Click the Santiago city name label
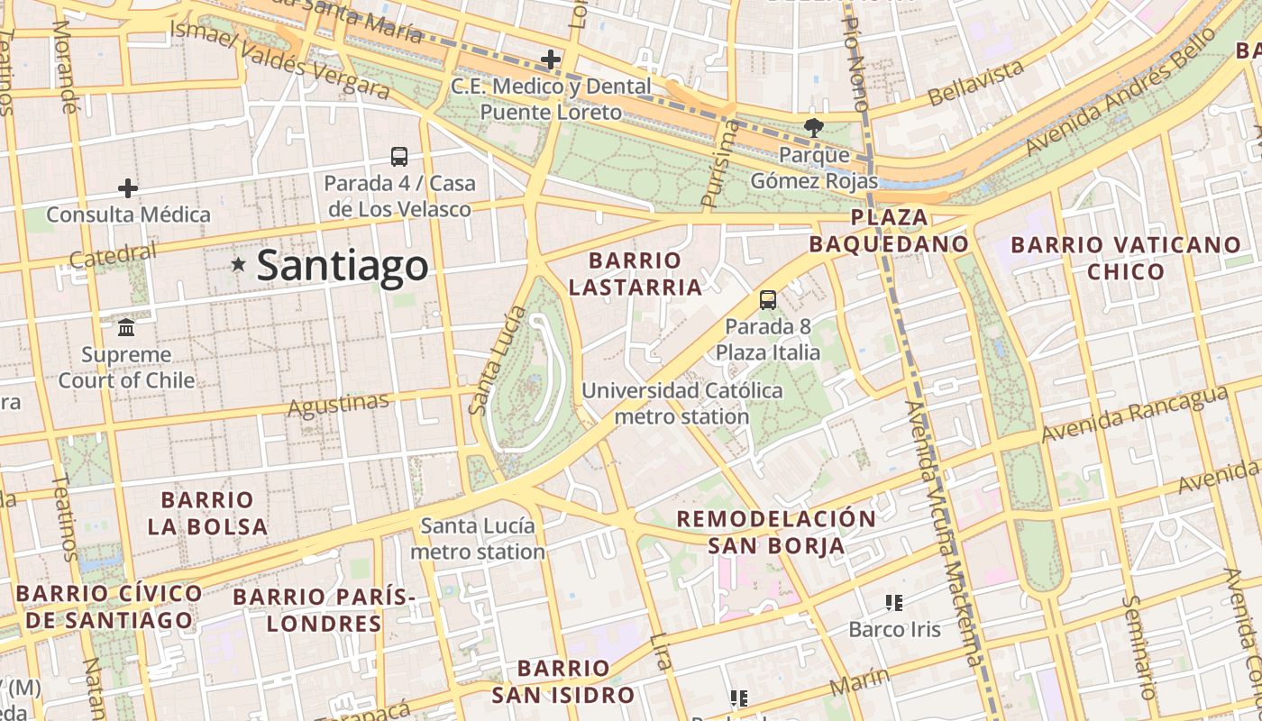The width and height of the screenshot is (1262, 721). click(x=343, y=265)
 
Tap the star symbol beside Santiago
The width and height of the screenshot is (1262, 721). click(x=239, y=265)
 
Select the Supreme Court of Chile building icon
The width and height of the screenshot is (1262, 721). click(x=126, y=326)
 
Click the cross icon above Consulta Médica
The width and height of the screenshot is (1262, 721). click(x=128, y=188)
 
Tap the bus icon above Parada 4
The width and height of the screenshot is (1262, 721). click(x=399, y=156)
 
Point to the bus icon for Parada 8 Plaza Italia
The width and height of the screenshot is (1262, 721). click(x=768, y=300)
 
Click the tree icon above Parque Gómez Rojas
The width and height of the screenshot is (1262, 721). click(x=813, y=128)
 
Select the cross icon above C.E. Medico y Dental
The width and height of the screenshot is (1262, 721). click(x=550, y=60)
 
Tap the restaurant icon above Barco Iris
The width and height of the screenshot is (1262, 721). click(x=894, y=602)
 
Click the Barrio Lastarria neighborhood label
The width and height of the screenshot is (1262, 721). click(x=636, y=274)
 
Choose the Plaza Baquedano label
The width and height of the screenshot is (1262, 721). click(x=889, y=231)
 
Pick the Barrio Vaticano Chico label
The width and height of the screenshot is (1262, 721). click(x=1126, y=258)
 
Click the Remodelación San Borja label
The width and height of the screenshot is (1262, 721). click(x=776, y=532)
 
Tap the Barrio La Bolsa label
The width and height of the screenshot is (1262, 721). click(x=207, y=513)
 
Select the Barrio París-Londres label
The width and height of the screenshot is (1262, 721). click(x=325, y=610)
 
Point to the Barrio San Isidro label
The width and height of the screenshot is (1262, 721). click(x=563, y=681)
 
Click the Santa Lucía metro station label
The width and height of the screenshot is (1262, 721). click(x=478, y=538)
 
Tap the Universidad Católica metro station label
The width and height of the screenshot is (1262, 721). click(x=682, y=404)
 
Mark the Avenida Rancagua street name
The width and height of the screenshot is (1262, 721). click(x=1134, y=414)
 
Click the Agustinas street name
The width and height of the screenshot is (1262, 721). click(x=338, y=405)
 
